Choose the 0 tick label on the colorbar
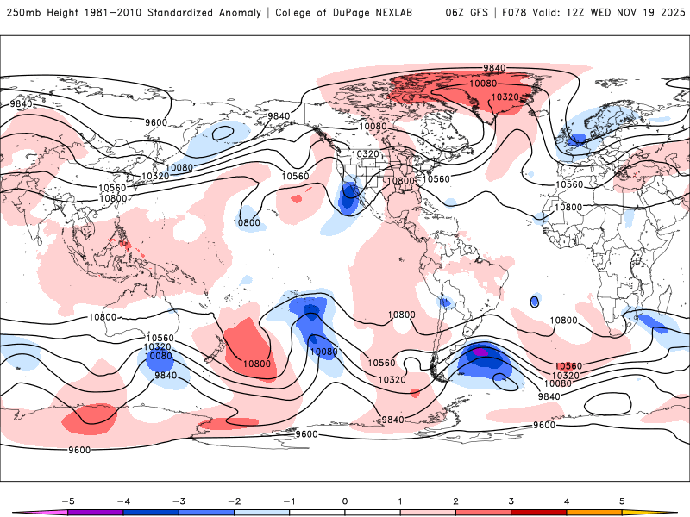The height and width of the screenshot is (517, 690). point(345,500)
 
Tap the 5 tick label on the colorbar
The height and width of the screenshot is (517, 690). point(622,500)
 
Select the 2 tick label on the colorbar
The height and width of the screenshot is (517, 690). point(455,500)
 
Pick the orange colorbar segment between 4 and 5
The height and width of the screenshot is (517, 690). point(594,513)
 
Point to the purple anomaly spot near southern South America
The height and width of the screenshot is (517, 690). point(481,352)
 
